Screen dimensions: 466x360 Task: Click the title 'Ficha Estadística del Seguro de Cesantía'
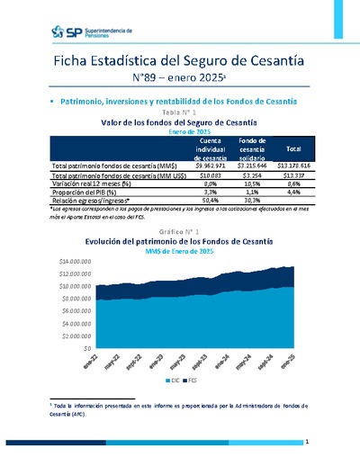pyautogui.click(x=179, y=62)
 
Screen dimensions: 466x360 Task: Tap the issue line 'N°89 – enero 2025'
pyautogui.click(x=179, y=81)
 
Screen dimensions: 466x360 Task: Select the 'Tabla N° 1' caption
pyautogui.click(x=179, y=112)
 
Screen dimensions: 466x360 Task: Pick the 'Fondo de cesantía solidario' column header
pyautogui.click(x=256, y=149)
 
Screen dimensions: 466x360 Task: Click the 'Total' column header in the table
pyautogui.click(x=293, y=149)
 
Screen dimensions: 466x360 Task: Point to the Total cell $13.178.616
pyautogui.click(x=293, y=166)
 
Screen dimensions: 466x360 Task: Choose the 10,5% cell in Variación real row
pyautogui.click(x=256, y=183)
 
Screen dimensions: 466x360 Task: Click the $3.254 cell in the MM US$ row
pyautogui.click(x=256, y=175)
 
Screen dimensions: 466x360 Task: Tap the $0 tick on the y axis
pyautogui.click(x=86, y=347)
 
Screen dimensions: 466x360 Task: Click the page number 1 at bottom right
pyautogui.click(x=307, y=443)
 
